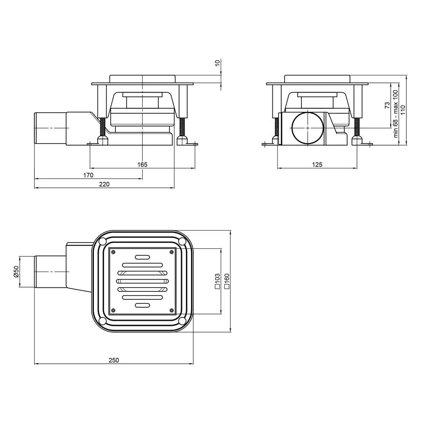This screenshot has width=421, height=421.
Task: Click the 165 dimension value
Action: [142, 165]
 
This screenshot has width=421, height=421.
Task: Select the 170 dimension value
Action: [88, 175]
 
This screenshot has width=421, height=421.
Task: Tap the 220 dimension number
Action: [104, 184]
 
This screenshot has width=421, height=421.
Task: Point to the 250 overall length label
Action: [114, 360]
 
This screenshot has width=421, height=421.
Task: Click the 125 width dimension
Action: [317, 165]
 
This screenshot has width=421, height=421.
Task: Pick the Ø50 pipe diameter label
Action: [16, 272]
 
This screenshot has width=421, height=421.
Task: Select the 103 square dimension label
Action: [218, 281]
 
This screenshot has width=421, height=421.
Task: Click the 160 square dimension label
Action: [227, 281]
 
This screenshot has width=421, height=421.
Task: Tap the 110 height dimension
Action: [403, 110]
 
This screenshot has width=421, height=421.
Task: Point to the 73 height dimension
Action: [387, 105]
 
